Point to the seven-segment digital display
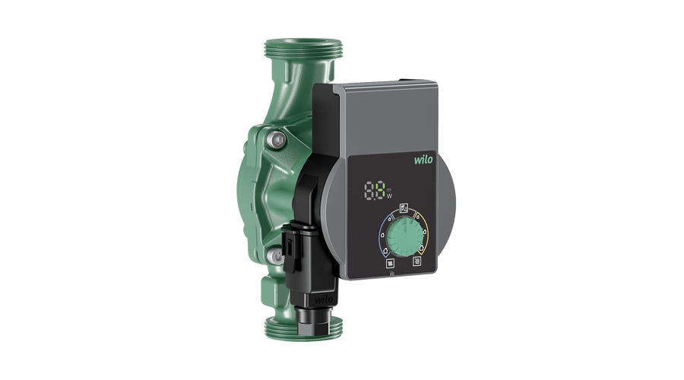click(x=374, y=190)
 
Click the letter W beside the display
click(x=391, y=195)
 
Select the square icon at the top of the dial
click(x=404, y=207)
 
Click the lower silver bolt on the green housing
click(x=278, y=256)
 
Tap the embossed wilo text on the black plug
click(x=319, y=297)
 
